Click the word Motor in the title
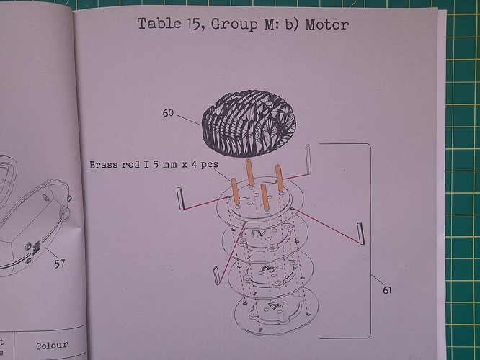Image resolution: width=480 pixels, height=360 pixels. click(327, 24)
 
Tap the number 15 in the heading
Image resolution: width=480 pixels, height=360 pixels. click(193, 24)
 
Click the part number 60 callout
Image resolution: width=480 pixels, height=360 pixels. click(168, 113)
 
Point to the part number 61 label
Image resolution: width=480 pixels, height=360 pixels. click(387, 289)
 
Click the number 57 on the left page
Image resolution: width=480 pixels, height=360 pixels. click(60, 264)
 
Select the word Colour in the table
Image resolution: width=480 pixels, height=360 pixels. click(52, 346)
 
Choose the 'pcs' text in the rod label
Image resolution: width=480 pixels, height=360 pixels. click(210, 165)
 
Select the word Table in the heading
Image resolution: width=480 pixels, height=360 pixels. click(159, 24)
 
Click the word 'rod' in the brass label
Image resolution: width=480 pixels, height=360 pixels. click(130, 165)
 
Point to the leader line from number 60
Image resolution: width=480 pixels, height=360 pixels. click(188, 120)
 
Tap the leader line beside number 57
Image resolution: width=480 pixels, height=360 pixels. click(51, 253)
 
